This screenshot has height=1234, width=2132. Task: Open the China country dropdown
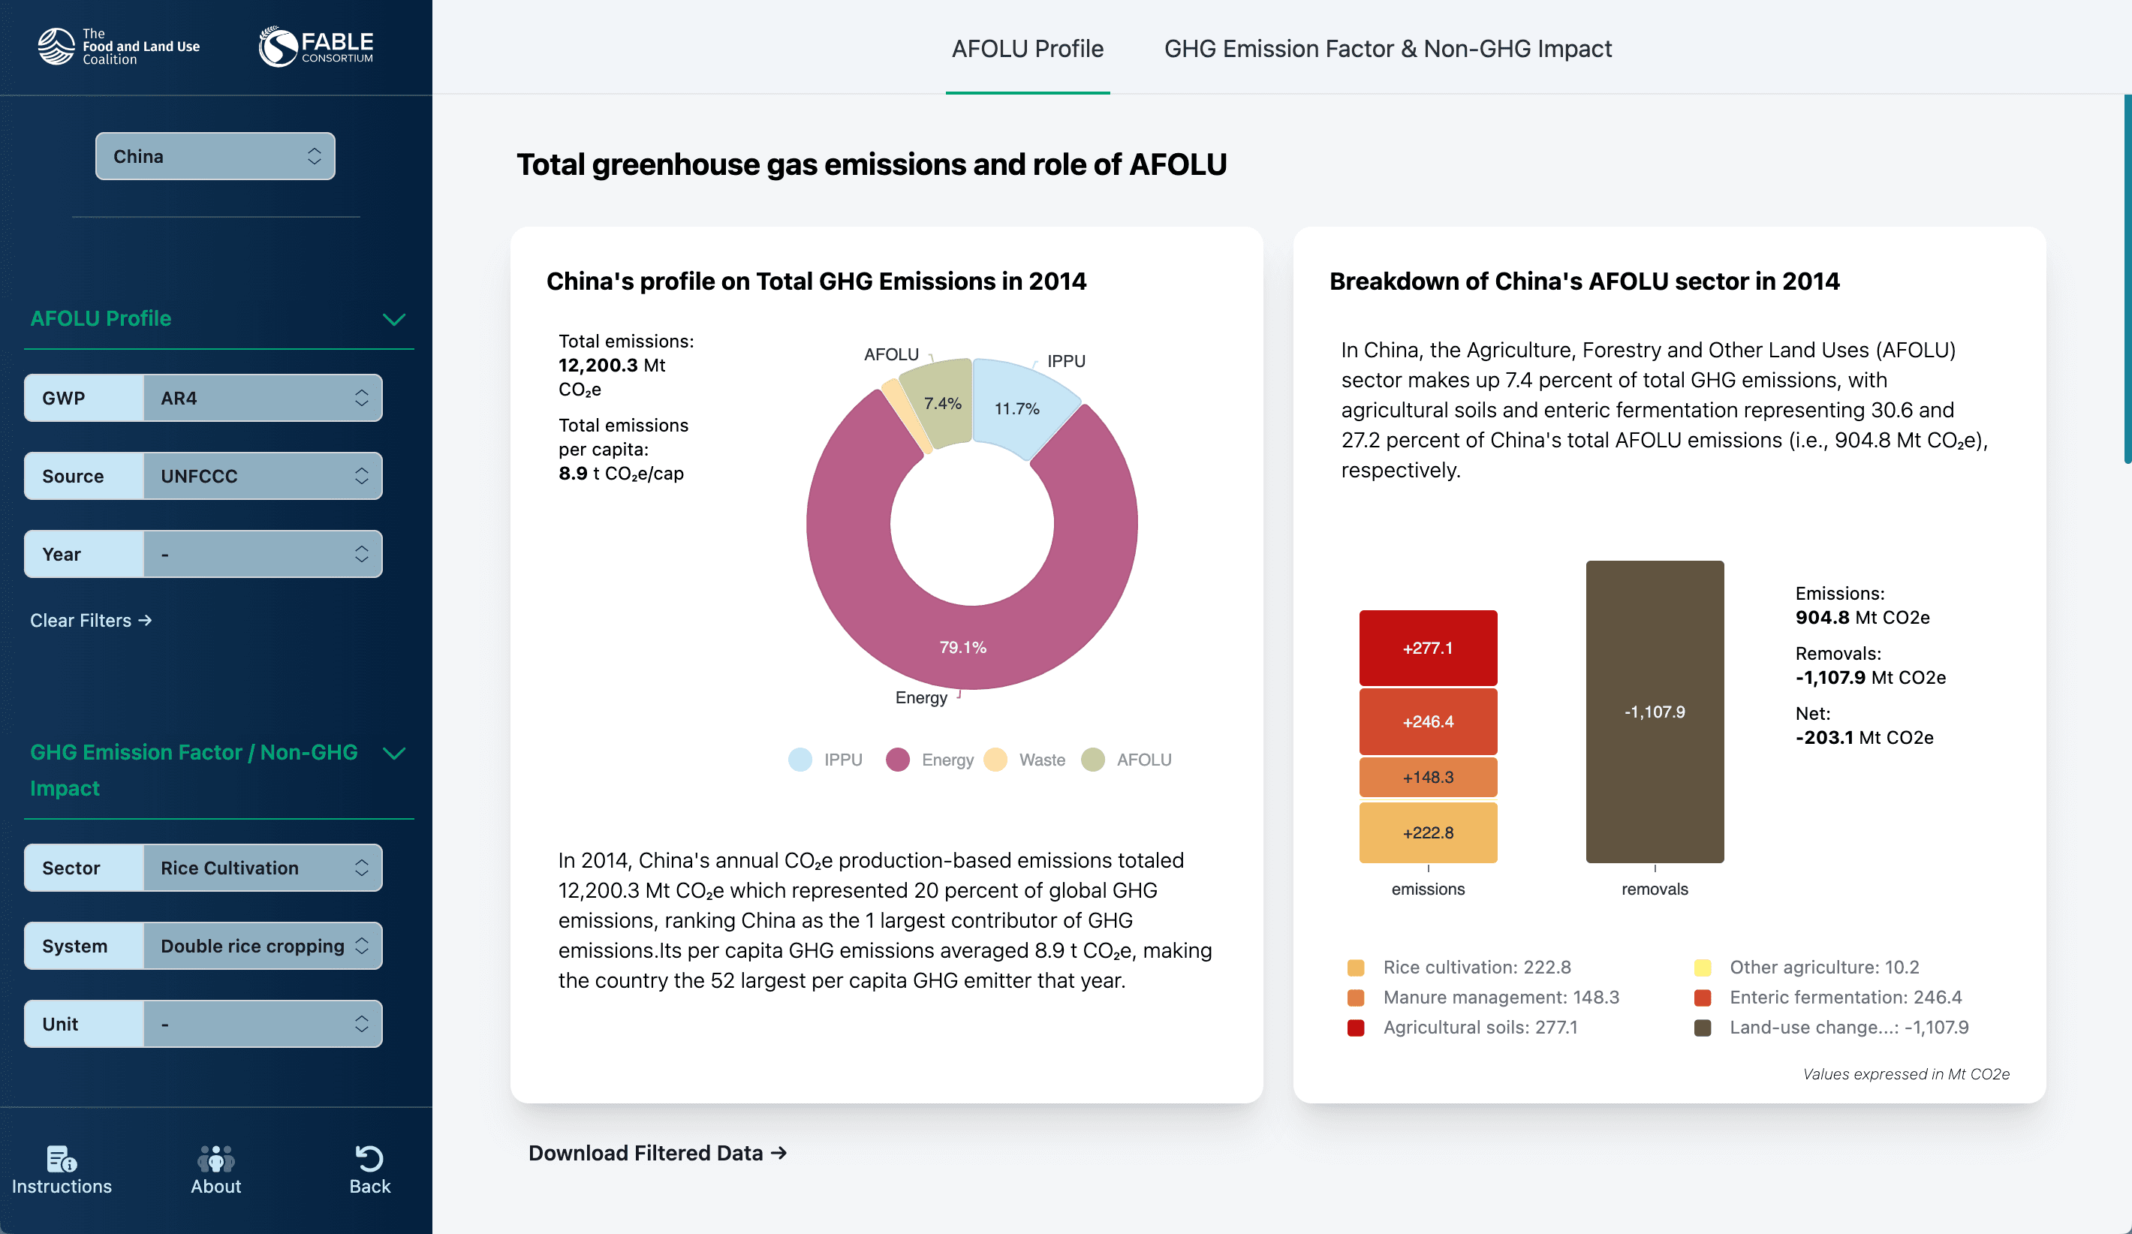pyautogui.click(x=215, y=156)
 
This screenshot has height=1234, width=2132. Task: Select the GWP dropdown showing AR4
pyautogui.click(x=262, y=398)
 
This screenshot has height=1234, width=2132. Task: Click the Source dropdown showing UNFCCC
pyautogui.click(x=262, y=476)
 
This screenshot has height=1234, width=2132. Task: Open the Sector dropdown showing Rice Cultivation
pyautogui.click(x=262, y=868)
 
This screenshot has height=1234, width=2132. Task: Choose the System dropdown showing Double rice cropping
pyautogui.click(x=262, y=946)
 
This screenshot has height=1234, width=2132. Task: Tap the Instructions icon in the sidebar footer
pyautogui.click(x=62, y=1159)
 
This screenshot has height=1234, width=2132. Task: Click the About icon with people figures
pyautogui.click(x=215, y=1159)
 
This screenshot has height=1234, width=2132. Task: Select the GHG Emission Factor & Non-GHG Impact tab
pyautogui.click(x=1387, y=49)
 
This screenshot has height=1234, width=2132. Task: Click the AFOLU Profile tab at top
pyautogui.click(x=1027, y=49)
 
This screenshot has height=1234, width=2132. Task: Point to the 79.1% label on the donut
pyautogui.click(x=963, y=647)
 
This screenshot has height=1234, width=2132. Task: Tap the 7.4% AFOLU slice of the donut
pyautogui.click(x=941, y=402)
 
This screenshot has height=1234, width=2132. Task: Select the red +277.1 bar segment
pyautogui.click(x=1428, y=648)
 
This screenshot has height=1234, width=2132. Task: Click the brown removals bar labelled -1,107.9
pyautogui.click(x=1654, y=712)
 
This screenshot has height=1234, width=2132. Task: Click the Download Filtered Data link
pyautogui.click(x=658, y=1153)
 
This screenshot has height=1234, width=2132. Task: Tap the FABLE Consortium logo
pyautogui.click(x=316, y=47)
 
